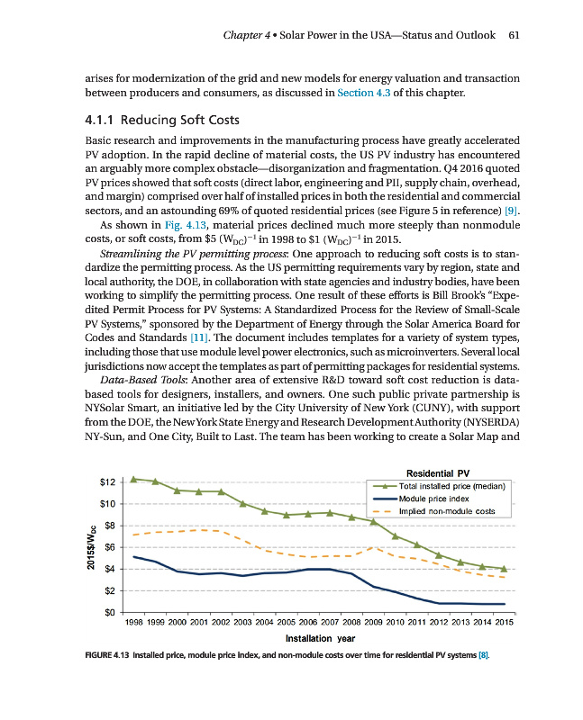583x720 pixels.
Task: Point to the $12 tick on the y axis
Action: [107, 481]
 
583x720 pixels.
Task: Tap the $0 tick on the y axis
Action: [111, 613]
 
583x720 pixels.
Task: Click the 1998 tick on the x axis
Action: [133, 623]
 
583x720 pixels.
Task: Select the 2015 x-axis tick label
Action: [504, 623]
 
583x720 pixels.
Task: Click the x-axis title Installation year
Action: [319, 638]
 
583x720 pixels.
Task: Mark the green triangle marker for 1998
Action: [133, 479]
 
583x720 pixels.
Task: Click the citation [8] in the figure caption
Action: [482, 656]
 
